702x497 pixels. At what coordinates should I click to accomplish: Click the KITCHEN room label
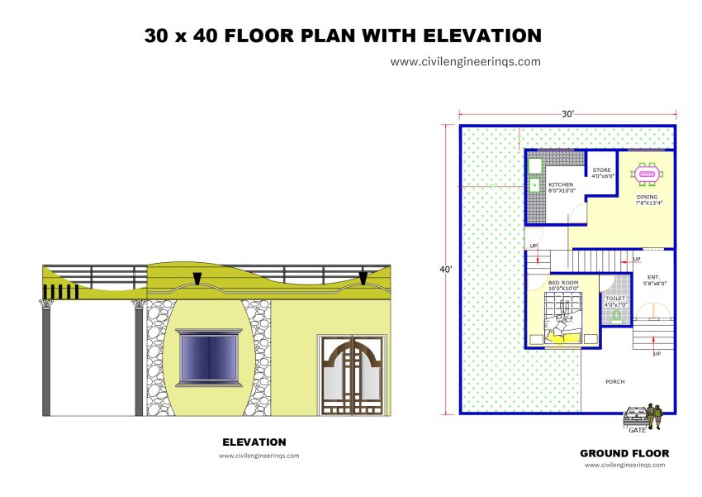pyautogui.click(x=560, y=184)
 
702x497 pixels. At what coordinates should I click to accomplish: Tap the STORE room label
pyautogui.click(x=602, y=170)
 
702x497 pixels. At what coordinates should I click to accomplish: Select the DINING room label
pyautogui.click(x=647, y=197)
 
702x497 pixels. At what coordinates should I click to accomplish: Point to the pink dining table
pyautogui.click(x=646, y=174)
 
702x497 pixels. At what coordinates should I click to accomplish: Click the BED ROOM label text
pyautogui.click(x=563, y=283)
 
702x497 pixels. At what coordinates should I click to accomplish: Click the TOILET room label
pyautogui.click(x=615, y=299)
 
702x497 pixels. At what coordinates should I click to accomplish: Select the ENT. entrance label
pyautogui.click(x=653, y=277)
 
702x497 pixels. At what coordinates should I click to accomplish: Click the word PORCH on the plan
pyautogui.click(x=614, y=381)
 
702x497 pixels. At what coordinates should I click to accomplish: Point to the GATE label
pyautogui.click(x=638, y=430)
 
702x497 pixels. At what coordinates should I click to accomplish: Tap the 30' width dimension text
pyautogui.click(x=567, y=114)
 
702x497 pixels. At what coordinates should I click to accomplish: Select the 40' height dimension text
pyautogui.click(x=447, y=269)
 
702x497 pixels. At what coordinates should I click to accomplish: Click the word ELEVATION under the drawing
pyautogui.click(x=254, y=442)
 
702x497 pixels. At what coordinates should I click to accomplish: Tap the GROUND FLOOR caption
pyautogui.click(x=624, y=453)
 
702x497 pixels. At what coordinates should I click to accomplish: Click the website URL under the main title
pyautogui.click(x=466, y=61)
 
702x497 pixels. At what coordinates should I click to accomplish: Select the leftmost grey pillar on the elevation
pyautogui.click(x=46, y=360)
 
